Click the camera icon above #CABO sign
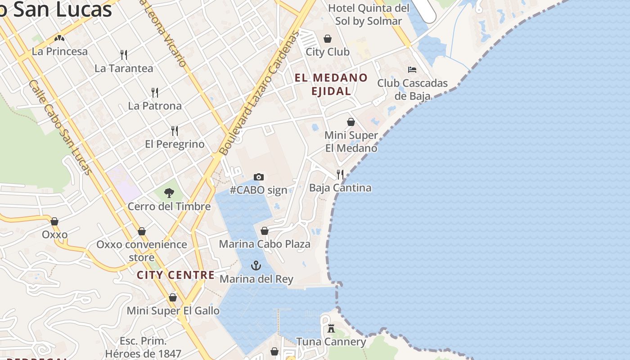pos(258,177)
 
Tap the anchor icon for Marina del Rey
pos(256,265)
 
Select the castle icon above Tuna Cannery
pos(331,328)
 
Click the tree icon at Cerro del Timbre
pos(169,193)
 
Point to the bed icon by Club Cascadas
pos(412,69)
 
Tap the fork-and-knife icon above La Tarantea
pos(124,55)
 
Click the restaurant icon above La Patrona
pos(155,93)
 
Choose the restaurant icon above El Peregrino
pos(175,131)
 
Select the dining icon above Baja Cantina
pos(340,174)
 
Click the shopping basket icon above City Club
pos(328,39)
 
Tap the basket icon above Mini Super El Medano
pos(351,122)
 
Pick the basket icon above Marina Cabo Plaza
pos(265,231)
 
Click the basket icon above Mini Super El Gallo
pos(173,297)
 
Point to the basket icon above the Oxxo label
pos(54,221)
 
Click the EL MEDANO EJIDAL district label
pos(331,84)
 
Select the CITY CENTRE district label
pos(175,275)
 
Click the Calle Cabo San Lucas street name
pos(60,127)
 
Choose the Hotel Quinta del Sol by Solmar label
pos(369,14)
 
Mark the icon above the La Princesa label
pos(59,38)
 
